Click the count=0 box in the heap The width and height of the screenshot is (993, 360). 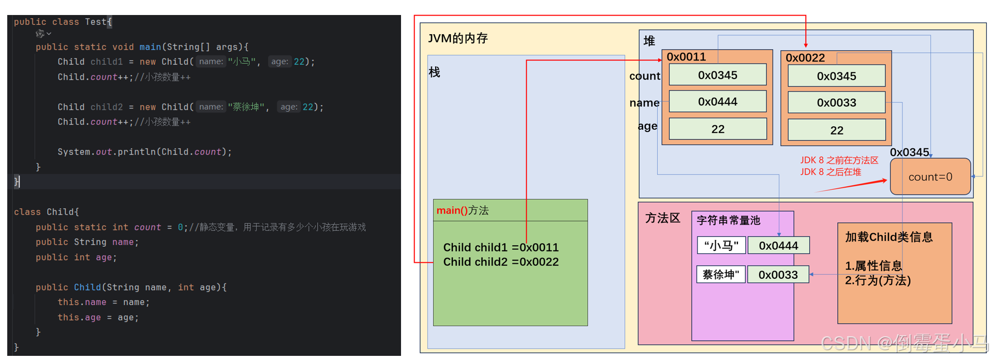(930, 177)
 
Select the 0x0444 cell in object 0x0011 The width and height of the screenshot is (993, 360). (717, 102)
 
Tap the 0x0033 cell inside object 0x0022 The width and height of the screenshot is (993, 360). (836, 103)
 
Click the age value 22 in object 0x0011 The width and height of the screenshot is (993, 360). (717, 129)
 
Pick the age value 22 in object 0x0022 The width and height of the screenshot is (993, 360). (836, 130)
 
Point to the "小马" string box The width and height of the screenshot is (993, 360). (721, 246)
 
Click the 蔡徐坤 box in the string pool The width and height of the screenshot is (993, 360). (721, 275)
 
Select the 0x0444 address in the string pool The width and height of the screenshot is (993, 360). (778, 246)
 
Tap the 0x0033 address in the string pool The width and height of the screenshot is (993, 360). (778, 275)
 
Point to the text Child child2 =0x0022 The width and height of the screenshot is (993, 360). (500, 262)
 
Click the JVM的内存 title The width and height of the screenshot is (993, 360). (458, 38)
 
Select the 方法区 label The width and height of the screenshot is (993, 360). (662, 218)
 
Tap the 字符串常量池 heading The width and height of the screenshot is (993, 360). (728, 220)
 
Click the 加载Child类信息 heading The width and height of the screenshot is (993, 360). (888, 237)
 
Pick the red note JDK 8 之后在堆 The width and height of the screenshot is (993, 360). (831, 172)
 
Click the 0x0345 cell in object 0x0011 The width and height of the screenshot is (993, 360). (717, 75)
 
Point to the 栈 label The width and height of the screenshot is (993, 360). (434, 72)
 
